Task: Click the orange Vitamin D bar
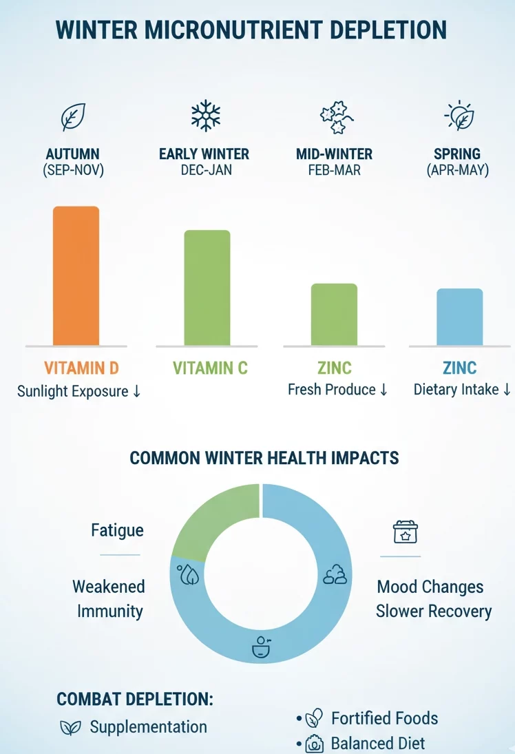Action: point(76,275)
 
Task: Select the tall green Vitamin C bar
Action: point(207,287)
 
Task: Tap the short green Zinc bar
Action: point(334,314)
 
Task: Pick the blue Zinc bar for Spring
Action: point(459,317)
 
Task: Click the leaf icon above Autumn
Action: point(73,117)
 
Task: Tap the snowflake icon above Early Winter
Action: point(204,115)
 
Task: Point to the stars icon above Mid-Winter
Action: point(337,116)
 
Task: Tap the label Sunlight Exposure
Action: point(73,391)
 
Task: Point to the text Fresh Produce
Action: point(331,390)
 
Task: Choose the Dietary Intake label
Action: point(456,390)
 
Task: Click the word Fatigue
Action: point(117,530)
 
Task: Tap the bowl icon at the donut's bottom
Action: point(260,648)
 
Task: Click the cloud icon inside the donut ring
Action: point(335,574)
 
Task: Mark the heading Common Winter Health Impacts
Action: point(264,458)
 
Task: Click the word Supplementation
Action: point(148,726)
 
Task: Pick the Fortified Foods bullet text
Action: point(384,718)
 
